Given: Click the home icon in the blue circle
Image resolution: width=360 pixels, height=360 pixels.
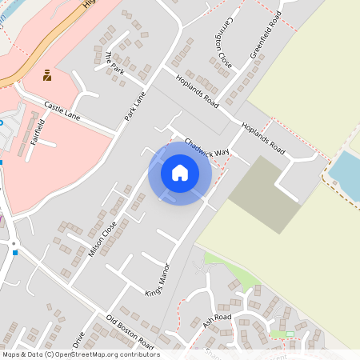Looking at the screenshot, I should point(180,173).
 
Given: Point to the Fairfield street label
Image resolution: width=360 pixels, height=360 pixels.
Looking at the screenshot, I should point(36,130).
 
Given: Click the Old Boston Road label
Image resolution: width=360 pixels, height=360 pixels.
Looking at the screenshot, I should point(130,330).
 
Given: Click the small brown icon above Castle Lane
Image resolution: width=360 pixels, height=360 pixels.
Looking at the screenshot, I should point(47,75).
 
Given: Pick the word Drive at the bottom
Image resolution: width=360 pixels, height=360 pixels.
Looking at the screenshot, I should point(78,340).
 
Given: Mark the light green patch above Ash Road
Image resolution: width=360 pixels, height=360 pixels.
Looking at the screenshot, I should point(232,270).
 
